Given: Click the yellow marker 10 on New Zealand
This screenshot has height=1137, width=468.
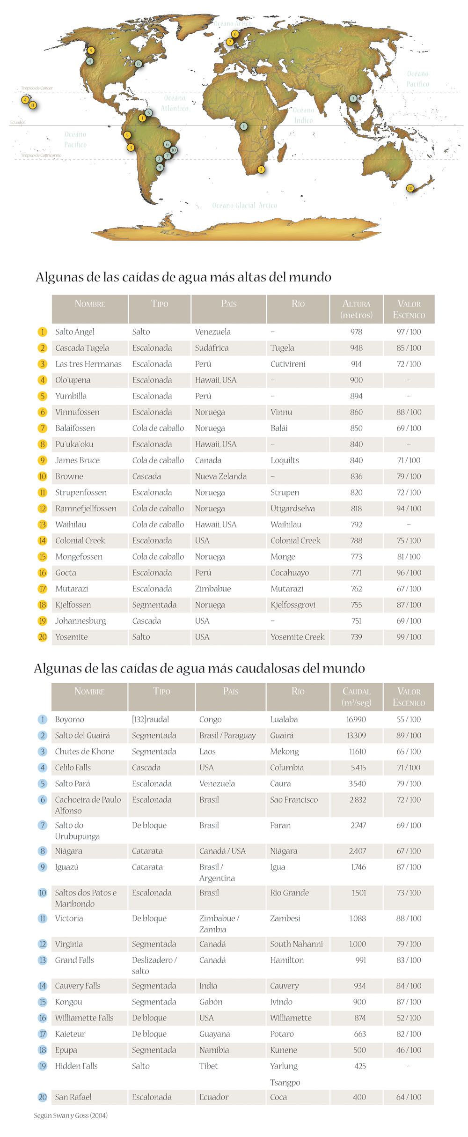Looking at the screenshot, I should click(410, 188).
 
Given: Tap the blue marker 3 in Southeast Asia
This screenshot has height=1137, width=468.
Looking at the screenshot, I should click(353, 99).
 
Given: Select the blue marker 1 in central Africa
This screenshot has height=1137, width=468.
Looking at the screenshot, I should click(243, 126).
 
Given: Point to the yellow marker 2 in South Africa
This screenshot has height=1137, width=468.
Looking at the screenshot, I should click(261, 170).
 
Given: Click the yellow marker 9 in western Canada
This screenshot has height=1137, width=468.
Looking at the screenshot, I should click(91, 51).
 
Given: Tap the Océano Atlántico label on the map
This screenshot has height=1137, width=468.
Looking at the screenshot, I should click(175, 103).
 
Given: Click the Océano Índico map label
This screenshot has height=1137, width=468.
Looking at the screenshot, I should click(303, 115).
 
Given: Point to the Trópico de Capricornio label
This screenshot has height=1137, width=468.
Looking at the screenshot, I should click(41, 155).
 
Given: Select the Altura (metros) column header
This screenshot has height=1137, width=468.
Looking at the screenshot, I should click(356, 309).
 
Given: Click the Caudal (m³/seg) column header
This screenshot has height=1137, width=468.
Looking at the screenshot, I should click(356, 697).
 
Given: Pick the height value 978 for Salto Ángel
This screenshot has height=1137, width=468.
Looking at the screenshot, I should click(356, 332).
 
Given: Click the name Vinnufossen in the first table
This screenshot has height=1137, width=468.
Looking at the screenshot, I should click(77, 412).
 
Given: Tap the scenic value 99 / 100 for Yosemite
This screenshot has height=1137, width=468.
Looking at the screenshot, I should click(409, 637).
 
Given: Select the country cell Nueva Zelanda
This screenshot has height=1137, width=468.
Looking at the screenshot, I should click(220, 476).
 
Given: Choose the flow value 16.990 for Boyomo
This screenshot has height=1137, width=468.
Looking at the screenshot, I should click(356, 719).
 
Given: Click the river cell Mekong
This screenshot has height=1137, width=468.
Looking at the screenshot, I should click(284, 752).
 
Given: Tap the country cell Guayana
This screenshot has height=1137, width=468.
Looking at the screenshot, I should click(214, 1034).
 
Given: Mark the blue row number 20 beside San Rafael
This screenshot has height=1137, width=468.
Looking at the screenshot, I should click(43, 1097).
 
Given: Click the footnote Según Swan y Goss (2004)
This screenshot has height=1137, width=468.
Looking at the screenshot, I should click(71, 1115).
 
